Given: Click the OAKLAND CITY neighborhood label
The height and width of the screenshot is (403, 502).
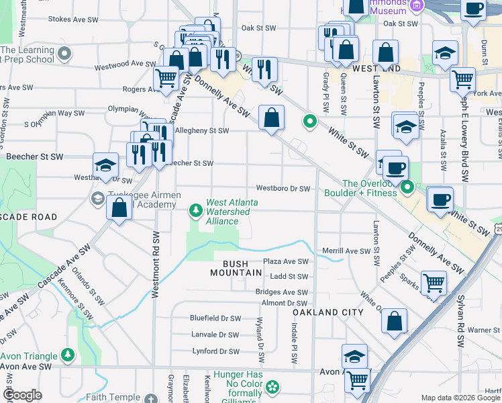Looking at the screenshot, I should [x=328, y=312].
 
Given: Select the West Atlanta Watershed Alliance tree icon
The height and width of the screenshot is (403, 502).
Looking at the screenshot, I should [x=195, y=211].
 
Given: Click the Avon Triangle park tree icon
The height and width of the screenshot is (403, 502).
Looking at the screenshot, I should [x=67, y=353].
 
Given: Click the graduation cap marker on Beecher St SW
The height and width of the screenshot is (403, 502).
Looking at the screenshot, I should [x=105, y=165].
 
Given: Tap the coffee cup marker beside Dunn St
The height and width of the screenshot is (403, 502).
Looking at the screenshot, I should [x=474, y=9].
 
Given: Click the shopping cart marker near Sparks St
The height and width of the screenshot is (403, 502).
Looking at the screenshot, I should [x=434, y=283].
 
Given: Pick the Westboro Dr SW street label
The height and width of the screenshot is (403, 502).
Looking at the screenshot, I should [x=283, y=189].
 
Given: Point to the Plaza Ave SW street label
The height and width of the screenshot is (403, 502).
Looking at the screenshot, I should [x=285, y=261].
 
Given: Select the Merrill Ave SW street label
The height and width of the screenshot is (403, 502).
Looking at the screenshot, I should [x=346, y=251].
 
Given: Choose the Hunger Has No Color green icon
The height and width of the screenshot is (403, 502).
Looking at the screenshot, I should [x=272, y=387].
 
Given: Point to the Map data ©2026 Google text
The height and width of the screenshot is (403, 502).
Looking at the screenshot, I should [x=460, y=398].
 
